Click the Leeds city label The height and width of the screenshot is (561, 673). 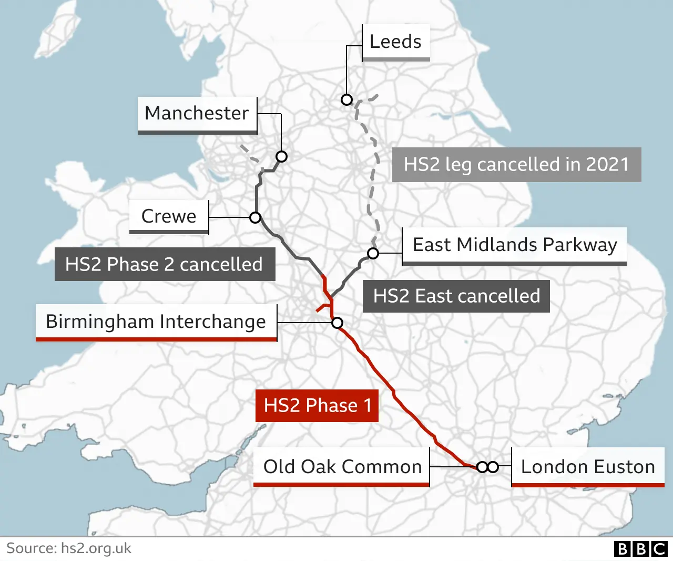[395, 42]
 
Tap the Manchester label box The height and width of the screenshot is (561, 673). [197, 114]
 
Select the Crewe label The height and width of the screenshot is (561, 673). [169, 216]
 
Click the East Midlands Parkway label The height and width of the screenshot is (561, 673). [514, 245]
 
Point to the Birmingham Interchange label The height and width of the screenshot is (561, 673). [156, 322]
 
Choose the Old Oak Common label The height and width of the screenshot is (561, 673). [342, 467]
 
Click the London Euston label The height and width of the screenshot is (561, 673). [587, 467]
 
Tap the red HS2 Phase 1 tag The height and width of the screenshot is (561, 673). [317, 405]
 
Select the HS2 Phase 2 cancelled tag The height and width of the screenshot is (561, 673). [165, 264]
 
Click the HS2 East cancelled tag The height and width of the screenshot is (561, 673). [456, 296]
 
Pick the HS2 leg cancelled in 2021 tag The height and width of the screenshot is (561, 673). [516, 165]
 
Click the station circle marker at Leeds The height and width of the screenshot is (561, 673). [346, 99]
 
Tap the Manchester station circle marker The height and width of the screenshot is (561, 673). [281, 156]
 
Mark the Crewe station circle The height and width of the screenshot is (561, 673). [256, 217]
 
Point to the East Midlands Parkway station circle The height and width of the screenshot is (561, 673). [373, 253]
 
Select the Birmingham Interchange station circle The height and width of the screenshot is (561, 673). [337, 323]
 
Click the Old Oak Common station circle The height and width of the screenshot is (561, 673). [482, 467]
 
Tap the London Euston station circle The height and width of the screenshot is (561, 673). [493, 467]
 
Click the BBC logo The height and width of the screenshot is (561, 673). [640, 549]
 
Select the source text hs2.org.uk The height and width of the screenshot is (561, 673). [96, 548]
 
